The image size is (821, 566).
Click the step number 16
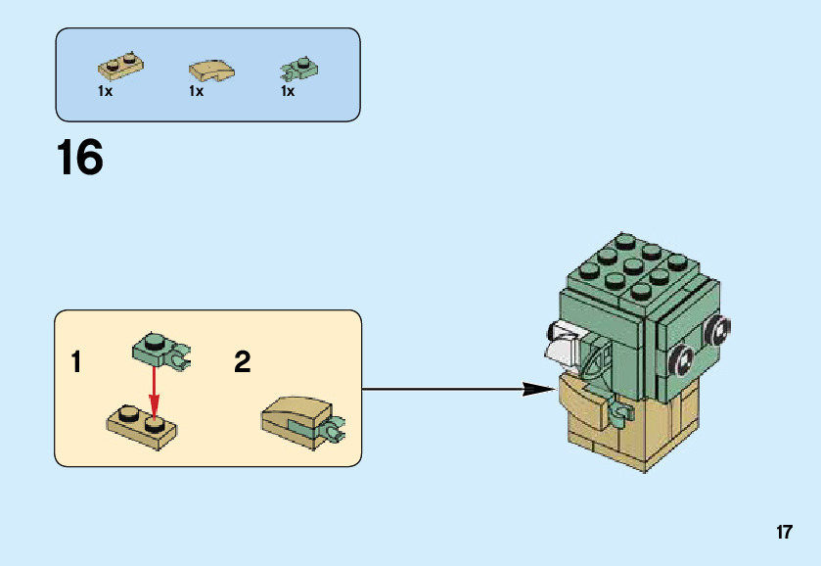[80, 159]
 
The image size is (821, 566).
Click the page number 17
[783, 533]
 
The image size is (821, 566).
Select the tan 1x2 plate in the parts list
[120, 67]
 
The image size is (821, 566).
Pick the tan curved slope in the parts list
[209, 71]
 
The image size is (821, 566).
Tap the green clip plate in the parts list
[298, 69]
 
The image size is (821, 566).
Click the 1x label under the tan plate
[106, 91]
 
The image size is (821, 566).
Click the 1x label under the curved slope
[197, 91]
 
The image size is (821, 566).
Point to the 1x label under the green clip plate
[288, 91]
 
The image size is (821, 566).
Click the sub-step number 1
[76, 363]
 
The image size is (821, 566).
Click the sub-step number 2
[243, 363]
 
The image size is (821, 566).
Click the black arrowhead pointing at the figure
[538, 389]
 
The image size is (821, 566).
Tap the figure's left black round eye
[682, 359]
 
